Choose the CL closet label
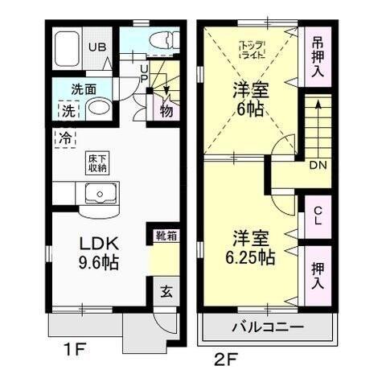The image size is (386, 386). (318, 216)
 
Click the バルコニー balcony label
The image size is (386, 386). (268, 327)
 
